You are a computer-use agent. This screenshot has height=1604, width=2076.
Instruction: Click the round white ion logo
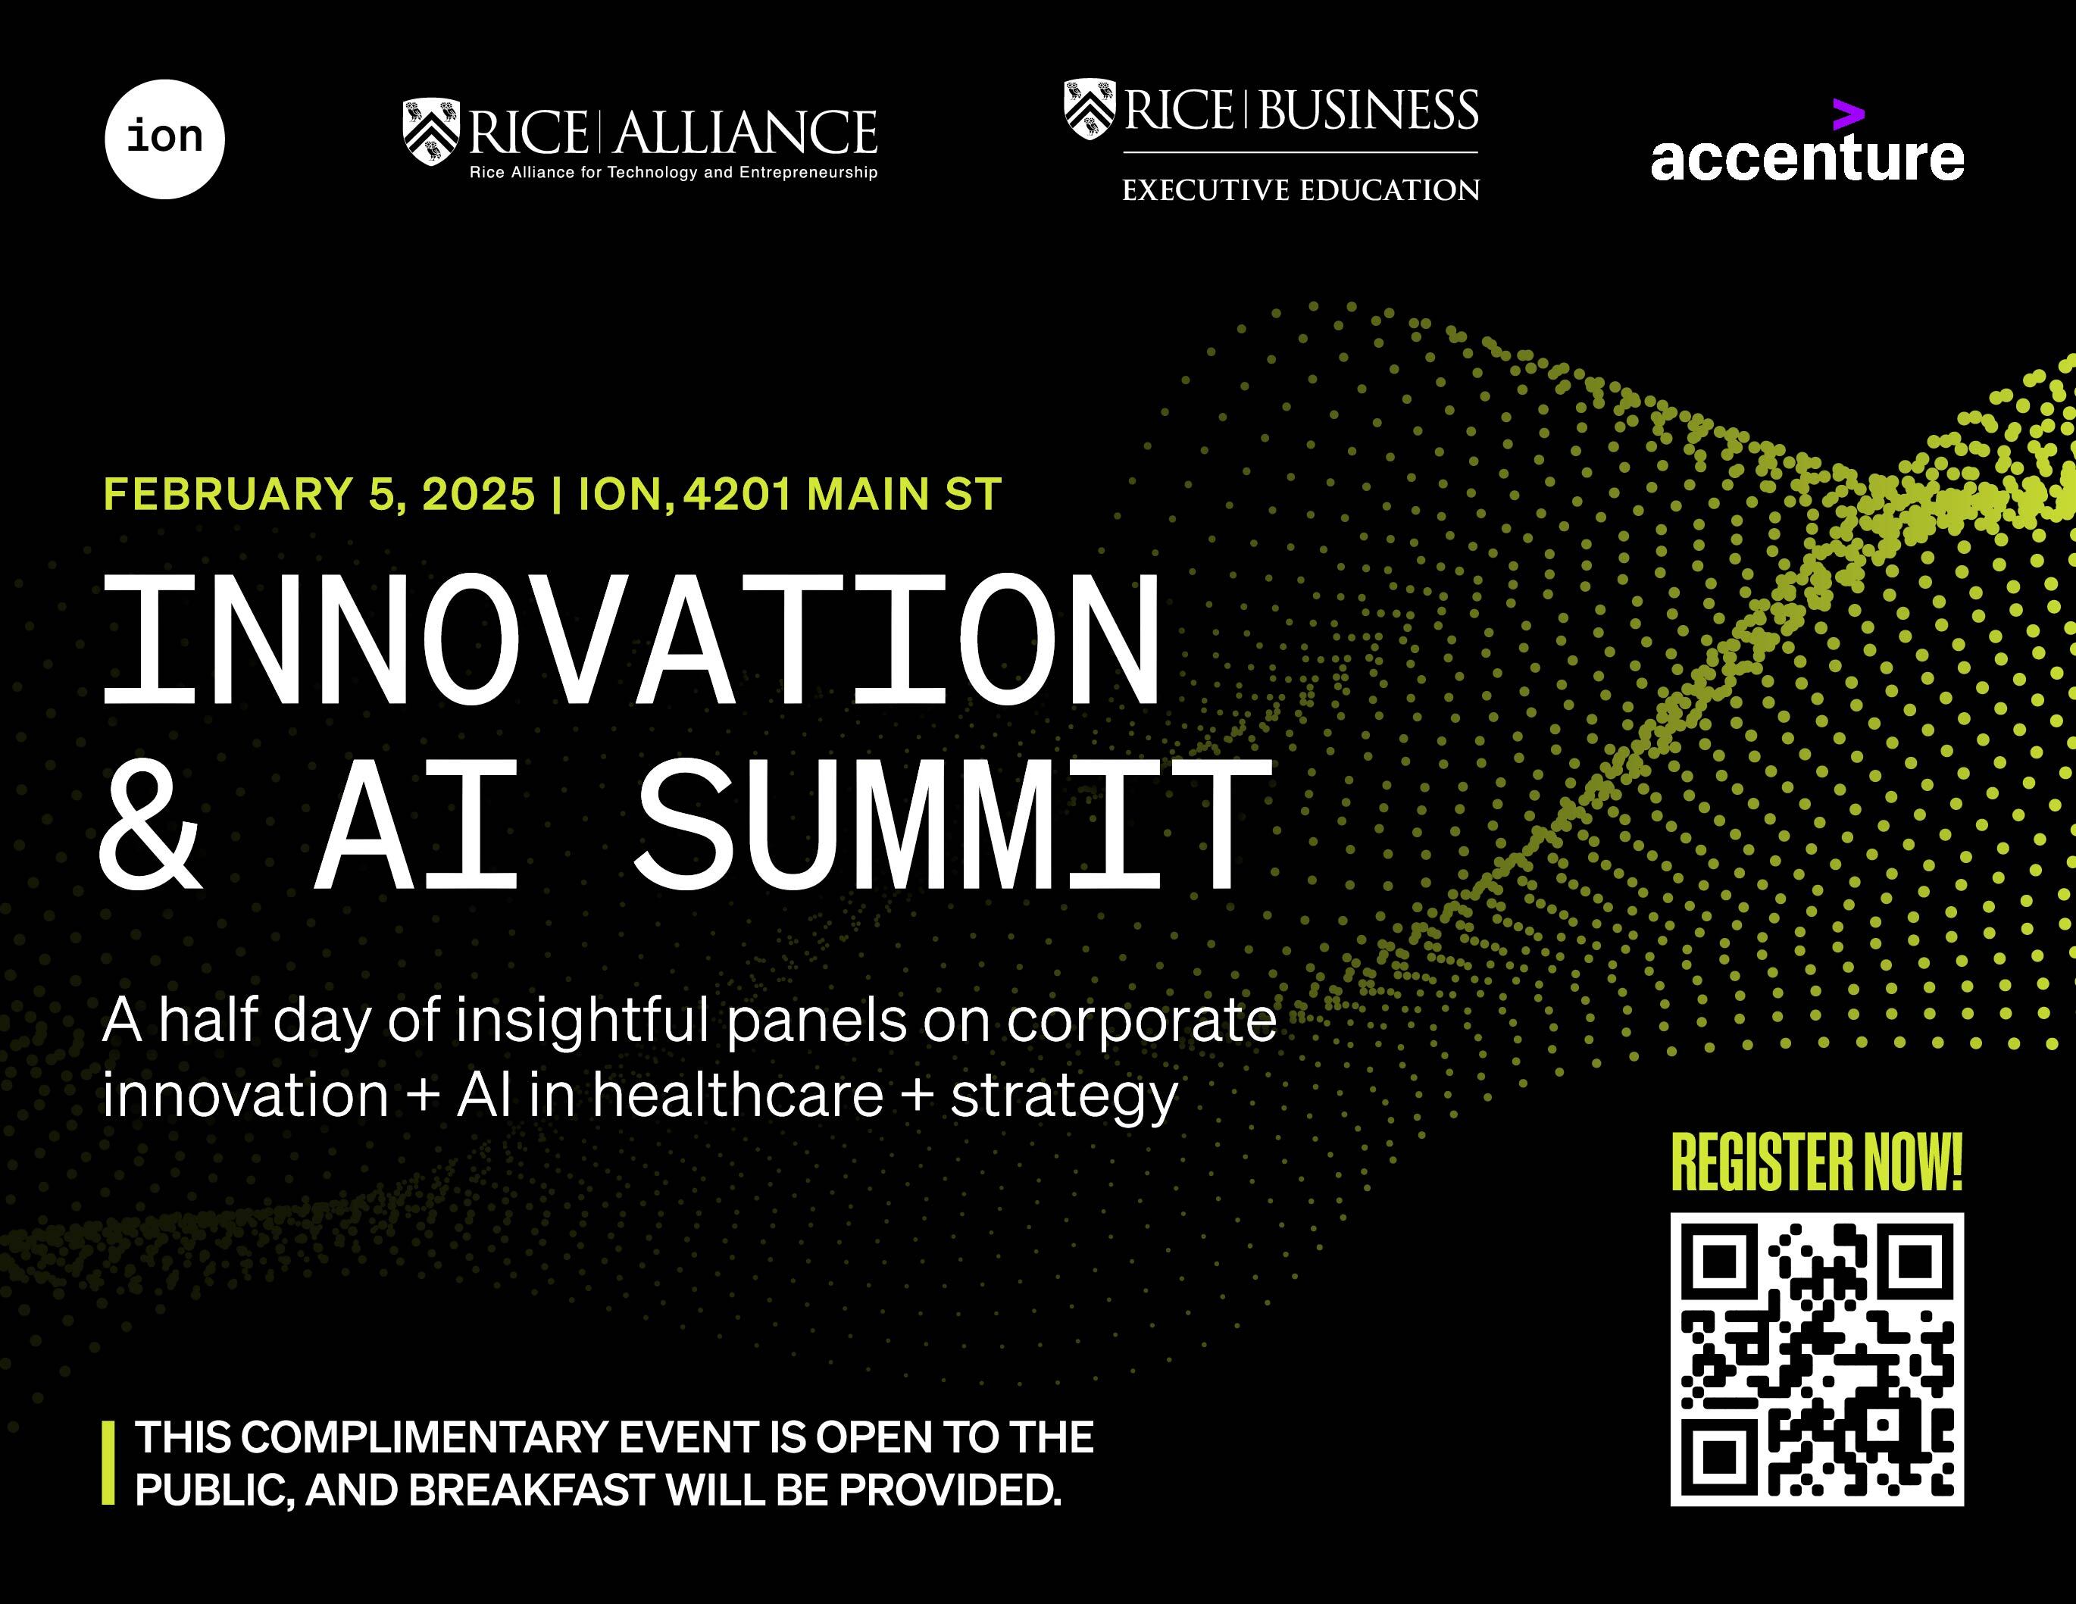(x=164, y=139)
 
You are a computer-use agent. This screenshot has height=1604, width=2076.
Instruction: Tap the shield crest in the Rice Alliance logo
(x=430, y=131)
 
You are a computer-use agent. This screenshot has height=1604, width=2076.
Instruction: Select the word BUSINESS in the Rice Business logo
(x=1369, y=111)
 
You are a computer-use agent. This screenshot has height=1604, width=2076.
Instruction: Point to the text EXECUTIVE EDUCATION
(x=1300, y=190)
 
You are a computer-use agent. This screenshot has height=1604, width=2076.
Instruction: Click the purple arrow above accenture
(x=1848, y=114)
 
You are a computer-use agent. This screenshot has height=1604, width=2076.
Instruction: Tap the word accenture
(x=1806, y=158)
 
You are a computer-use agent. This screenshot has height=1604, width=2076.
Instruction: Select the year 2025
(x=478, y=495)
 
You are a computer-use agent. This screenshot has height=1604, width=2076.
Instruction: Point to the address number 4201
(x=736, y=495)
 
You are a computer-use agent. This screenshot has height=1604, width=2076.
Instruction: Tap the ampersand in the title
(x=150, y=825)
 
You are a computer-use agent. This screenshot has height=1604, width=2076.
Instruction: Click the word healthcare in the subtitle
(x=739, y=1096)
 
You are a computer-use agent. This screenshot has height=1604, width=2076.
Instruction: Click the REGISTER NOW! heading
(x=1817, y=1162)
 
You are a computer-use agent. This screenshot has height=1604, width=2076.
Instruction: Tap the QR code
(x=1817, y=1359)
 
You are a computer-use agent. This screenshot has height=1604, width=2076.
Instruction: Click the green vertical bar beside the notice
(x=108, y=1462)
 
